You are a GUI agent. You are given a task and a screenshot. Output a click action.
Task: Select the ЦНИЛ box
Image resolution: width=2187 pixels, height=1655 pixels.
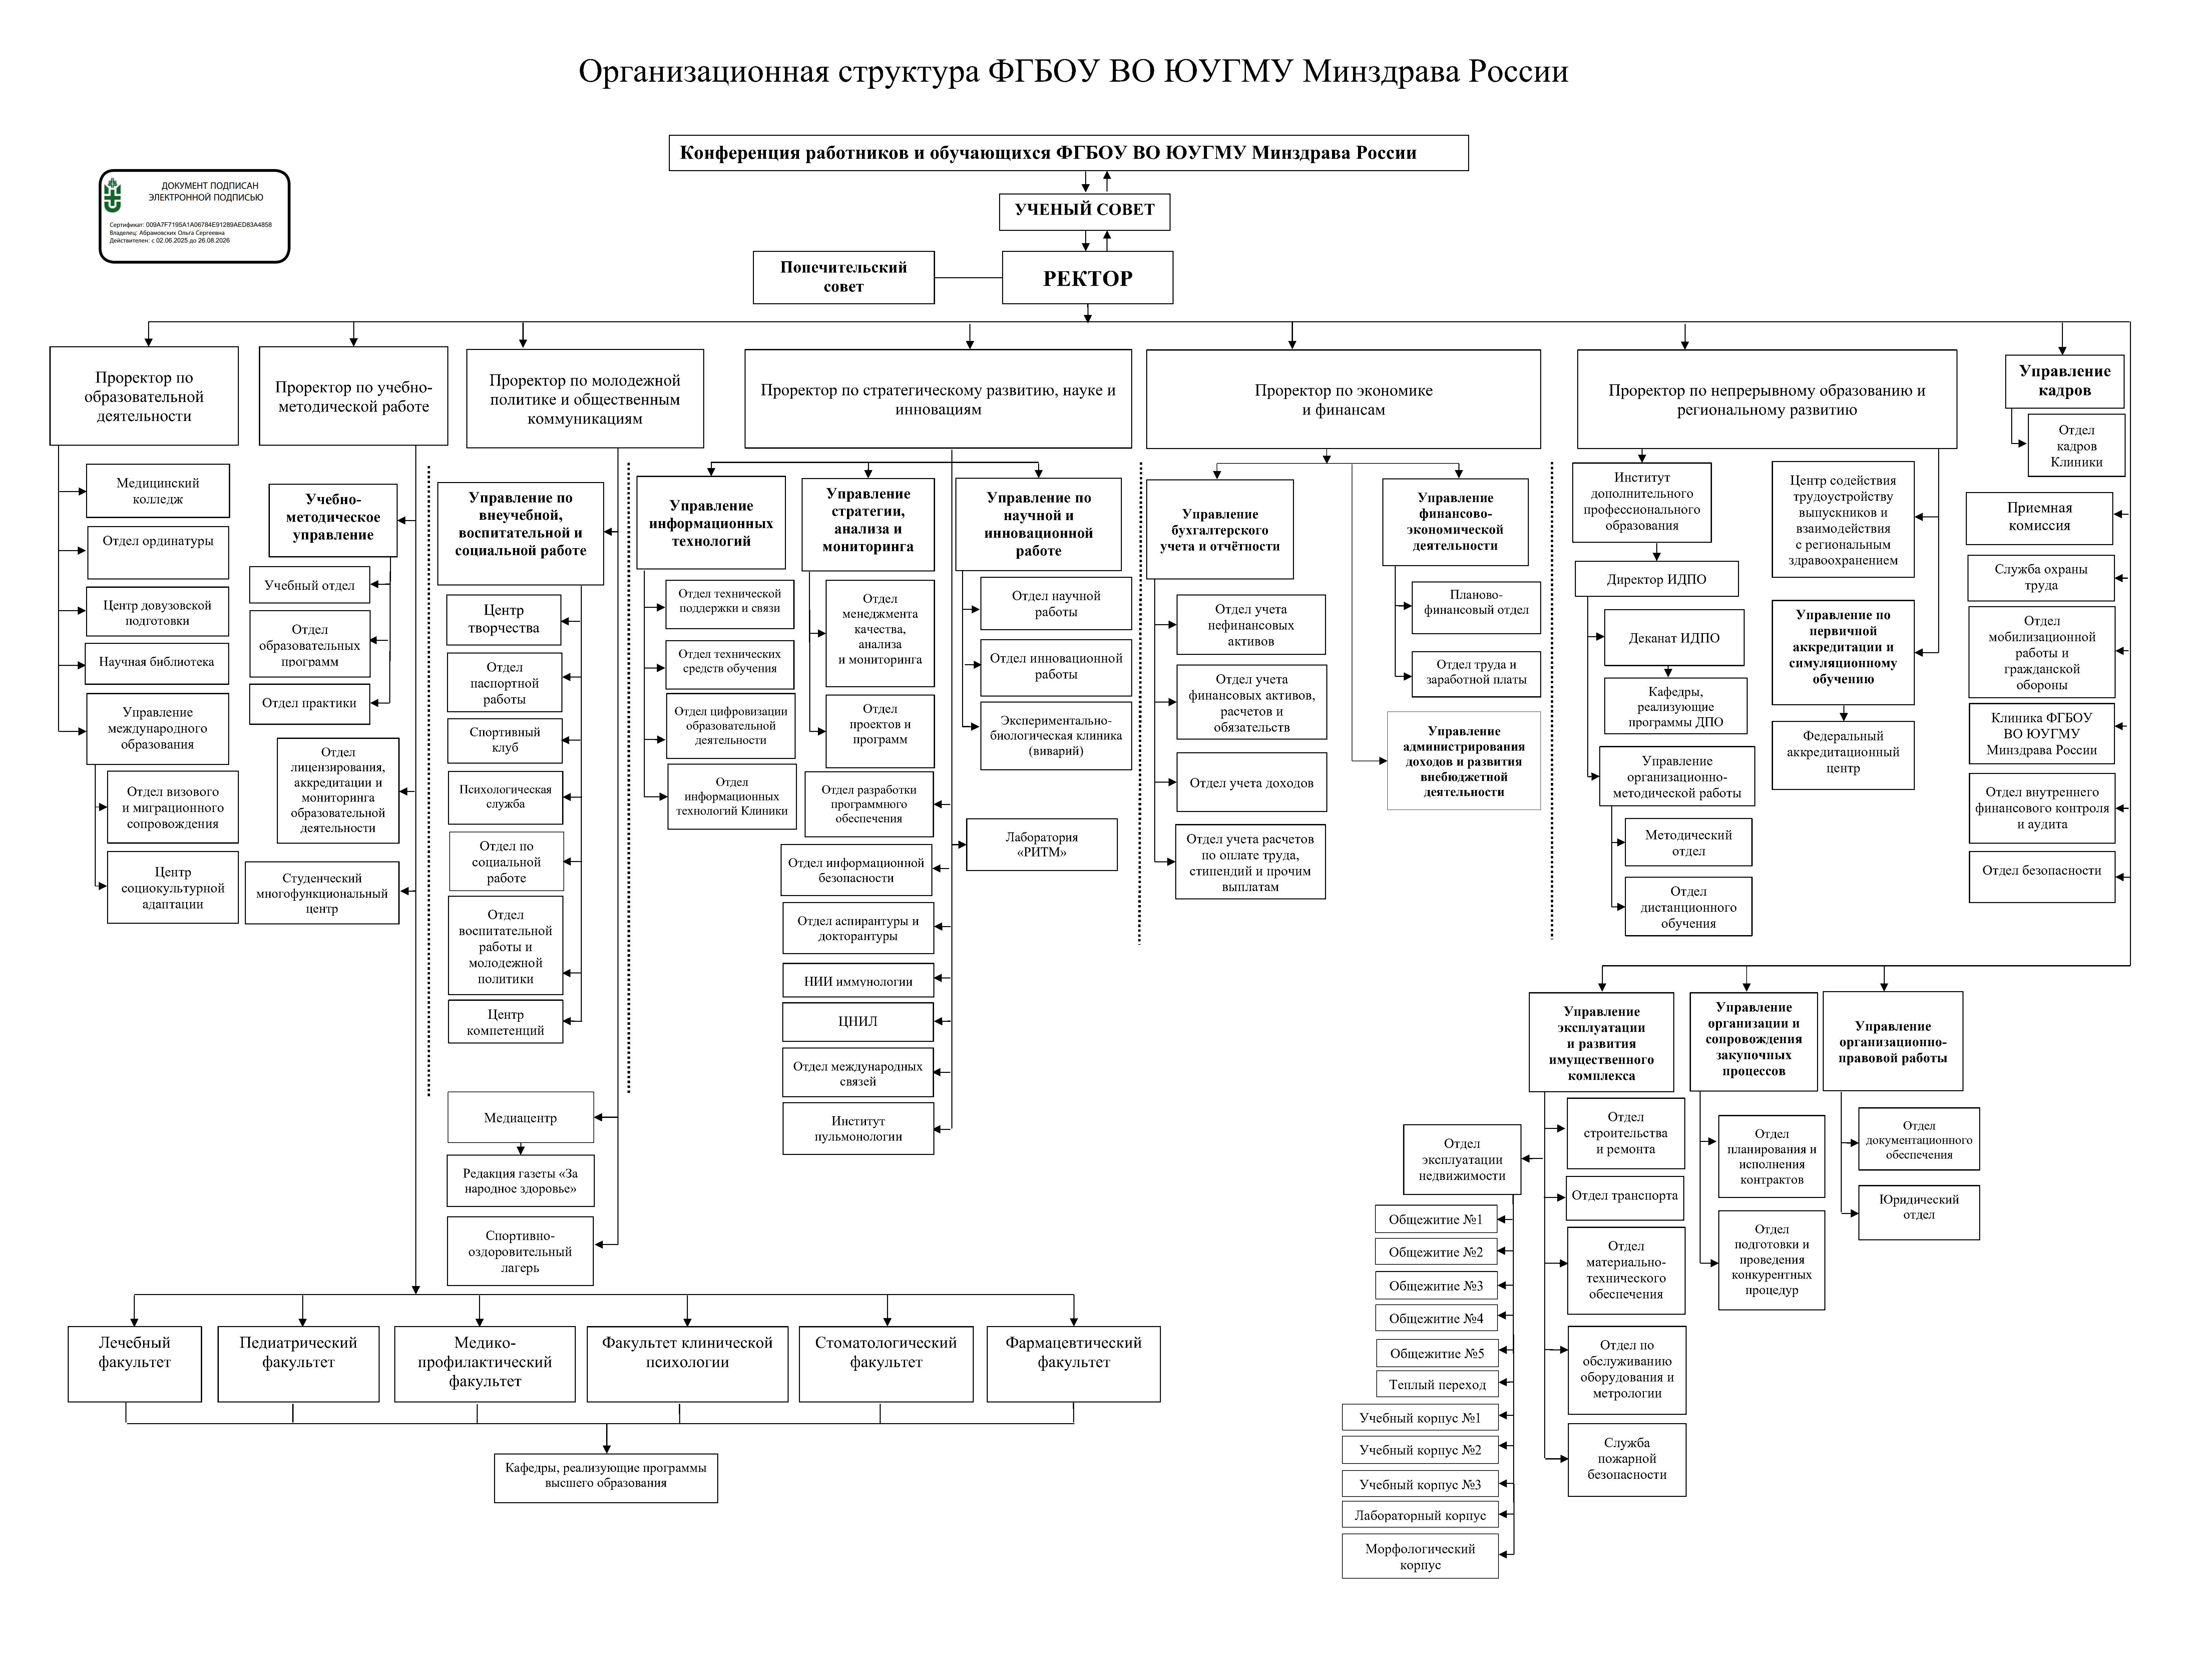857,1021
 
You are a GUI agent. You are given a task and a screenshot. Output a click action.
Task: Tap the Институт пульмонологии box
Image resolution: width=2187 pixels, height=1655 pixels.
857,1129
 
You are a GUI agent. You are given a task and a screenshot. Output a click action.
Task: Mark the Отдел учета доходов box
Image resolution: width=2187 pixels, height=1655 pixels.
1251,783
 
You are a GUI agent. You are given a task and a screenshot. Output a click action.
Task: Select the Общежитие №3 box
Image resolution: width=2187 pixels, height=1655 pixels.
1435,1286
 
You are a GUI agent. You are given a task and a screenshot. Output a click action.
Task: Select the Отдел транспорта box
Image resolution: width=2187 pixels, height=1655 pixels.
1625,1196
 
